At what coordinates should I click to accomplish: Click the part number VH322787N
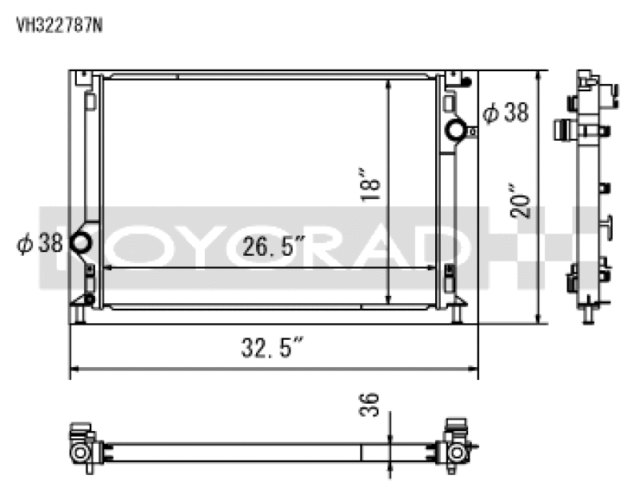click(x=59, y=24)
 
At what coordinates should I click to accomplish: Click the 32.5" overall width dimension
click(x=273, y=348)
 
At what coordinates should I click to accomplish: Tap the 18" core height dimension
click(x=370, y=184)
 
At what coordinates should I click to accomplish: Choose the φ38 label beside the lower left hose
click(x=39, y=243)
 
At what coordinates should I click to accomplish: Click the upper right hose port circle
click(x=456, y=129)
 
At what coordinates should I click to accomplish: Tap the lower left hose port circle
click(x=82, y=242)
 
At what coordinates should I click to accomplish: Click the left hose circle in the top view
click(x=81, y=453)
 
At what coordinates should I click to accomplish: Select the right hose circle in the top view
click(x=457, y=453)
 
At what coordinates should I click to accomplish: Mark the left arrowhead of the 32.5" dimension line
click(x=74, y=370)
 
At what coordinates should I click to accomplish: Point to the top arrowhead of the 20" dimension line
click(x=541, y=74)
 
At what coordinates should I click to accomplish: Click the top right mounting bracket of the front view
click(x=456, y=78)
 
